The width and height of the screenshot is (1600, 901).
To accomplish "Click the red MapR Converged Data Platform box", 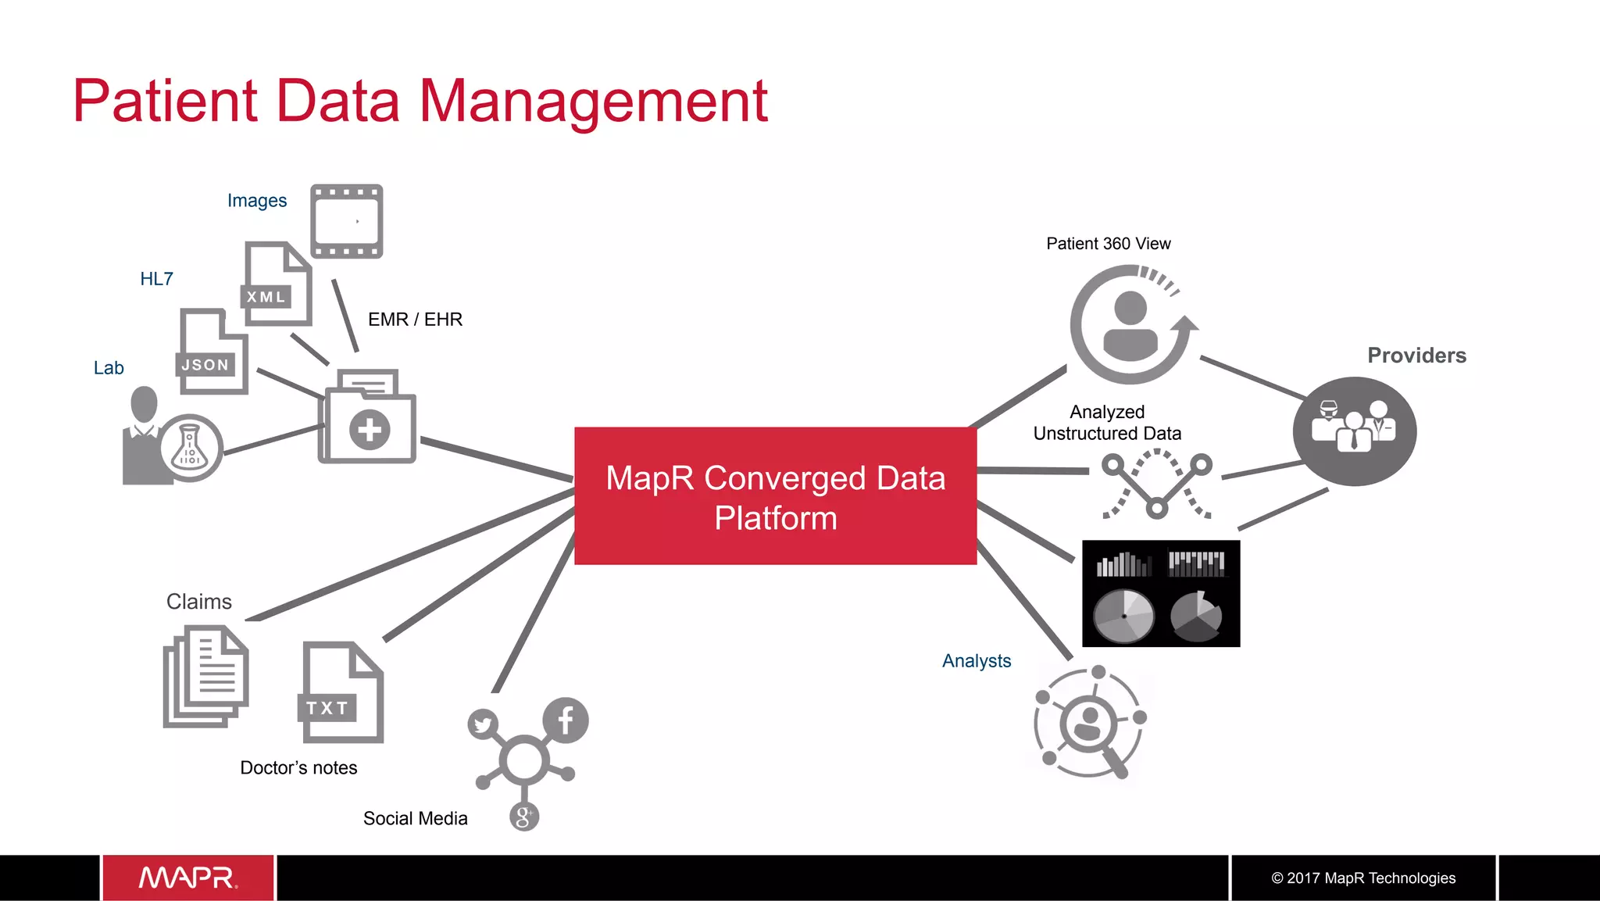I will pyautogui.click(x=775, y=495).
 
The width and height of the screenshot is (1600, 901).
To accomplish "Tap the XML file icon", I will pyautogui.click(x=277, y=284).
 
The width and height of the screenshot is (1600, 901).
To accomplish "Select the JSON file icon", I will pyautogui.click(x=212, y=352).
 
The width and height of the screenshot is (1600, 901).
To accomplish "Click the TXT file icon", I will pyautogui.click(x=341, y=692).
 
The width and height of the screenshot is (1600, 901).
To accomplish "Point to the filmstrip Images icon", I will pyautogui.click(x=346, y=221).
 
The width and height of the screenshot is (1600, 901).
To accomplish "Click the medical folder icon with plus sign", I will pyautogui.click(x=367, y=417).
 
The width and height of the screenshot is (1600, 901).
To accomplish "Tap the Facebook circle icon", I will pyautogui.click(x=566, y=720).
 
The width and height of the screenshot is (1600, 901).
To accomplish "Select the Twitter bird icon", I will pyautogui.click(x=484, y=724).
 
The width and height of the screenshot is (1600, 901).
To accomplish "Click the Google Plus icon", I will pyautogui.click(x=524, y=817).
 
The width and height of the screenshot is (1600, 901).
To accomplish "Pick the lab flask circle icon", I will pyautogui.click(x=190, y=448).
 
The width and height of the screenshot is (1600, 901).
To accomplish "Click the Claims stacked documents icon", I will pyautogui.click(x=205, y=676).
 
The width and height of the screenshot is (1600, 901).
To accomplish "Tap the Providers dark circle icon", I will pyautogui.click(x=1354, y=431).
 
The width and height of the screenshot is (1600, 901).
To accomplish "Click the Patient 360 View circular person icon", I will pyautogui.click(x=1131, y=324).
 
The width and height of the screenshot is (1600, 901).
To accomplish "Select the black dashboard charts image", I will pyautogui.click(x=1161, y=593).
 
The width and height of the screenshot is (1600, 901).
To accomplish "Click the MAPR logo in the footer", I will pyautogui.click(x=188, y=878).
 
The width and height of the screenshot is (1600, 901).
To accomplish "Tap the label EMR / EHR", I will pyautogui.click(x=415, y=320).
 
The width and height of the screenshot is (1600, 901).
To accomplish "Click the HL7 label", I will pyautogui.click(x=156, y=279).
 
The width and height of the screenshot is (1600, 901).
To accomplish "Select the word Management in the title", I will pyautogui.click(x=594, y=102).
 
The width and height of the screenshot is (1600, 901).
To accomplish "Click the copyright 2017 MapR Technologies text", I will pyautogui.click(x=1363, y=878).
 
